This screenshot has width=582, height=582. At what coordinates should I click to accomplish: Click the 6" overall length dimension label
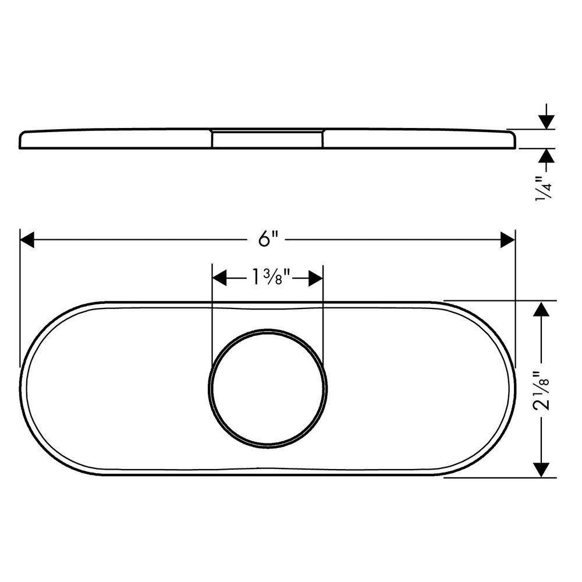coord(268,239)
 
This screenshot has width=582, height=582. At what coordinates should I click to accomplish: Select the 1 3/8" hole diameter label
coord(269,278)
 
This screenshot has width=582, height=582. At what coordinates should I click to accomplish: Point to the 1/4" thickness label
coord(544,189)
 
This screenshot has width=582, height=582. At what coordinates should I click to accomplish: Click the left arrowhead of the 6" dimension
coord(27,239)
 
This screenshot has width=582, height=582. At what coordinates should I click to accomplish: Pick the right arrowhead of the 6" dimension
coord(508,239)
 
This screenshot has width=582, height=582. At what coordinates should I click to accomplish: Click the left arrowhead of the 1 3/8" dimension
coord(219,278)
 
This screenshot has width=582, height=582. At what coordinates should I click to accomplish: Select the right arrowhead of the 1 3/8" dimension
coord(315,278)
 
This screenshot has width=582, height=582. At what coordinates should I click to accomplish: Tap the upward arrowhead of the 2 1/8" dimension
coord(541,309)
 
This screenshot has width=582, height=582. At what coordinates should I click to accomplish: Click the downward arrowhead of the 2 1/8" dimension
coord(541,470)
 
